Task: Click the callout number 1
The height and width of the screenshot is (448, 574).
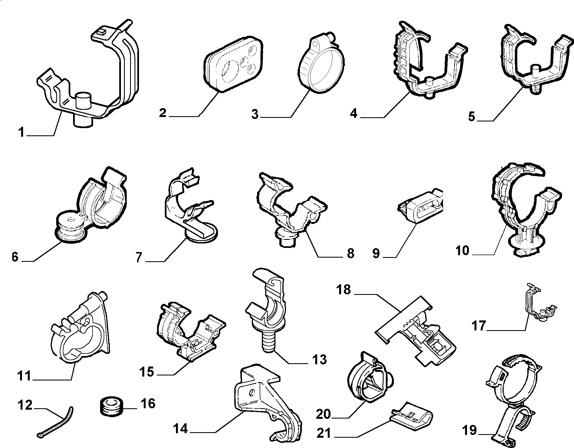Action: pyautogui.click(x=21, y=132)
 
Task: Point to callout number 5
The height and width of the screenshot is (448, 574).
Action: pyautogui.click(x=472, y=116)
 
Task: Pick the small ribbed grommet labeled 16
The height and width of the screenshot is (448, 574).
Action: pyautogui.click(x=111, y=407)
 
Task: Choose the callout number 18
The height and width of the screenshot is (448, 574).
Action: pyautogui.click(x=344, y=290)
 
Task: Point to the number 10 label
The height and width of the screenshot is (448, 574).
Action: pyautogui.click(x=463, y=250)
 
